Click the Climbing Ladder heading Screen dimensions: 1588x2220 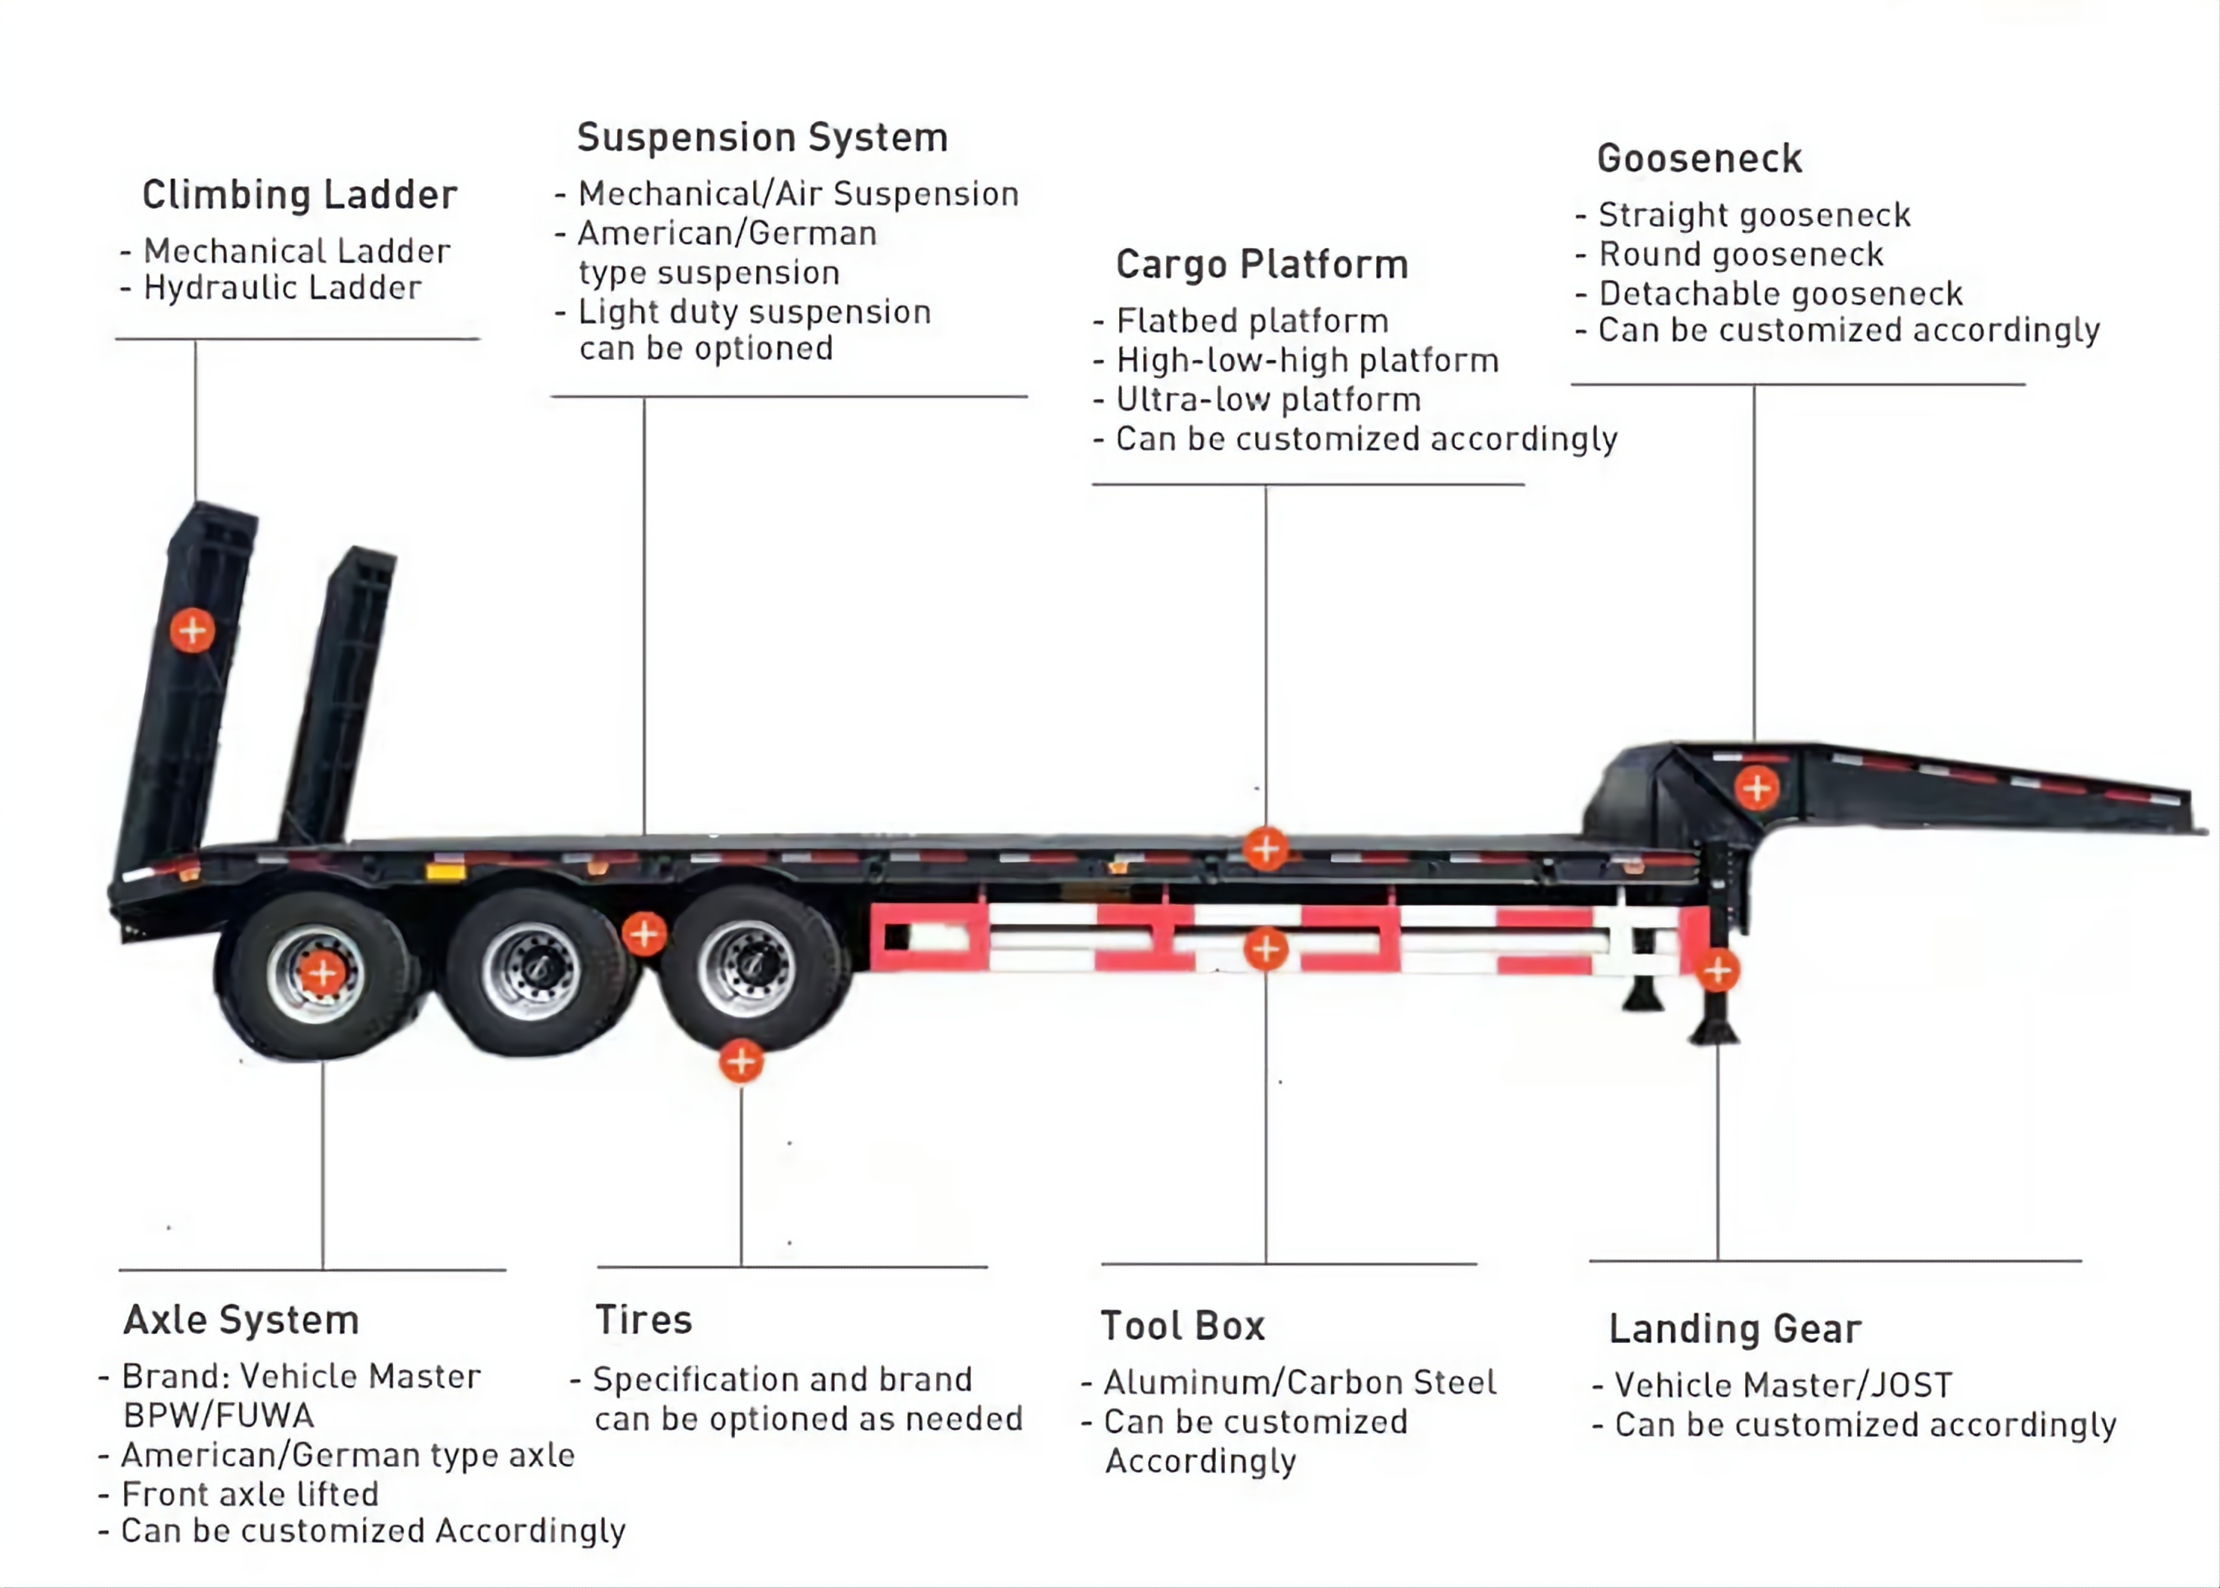[299, 194]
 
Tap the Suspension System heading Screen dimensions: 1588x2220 [762, 138]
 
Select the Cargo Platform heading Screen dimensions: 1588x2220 [1262, 264]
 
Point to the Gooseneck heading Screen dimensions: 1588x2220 [1699, 158]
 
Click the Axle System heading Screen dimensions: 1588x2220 [241, 1320]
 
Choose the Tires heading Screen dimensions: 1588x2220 [643, 1320]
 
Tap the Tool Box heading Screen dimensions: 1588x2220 [1183, 1326]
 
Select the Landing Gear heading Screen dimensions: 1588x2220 [1735, 1329]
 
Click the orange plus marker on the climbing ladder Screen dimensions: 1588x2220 [193, 631]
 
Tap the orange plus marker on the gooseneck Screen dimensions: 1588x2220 [1756, 787]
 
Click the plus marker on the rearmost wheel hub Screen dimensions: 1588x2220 [321, 973]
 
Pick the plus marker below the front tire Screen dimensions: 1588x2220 [741, 1061]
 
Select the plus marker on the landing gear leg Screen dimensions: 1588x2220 [1717, 971]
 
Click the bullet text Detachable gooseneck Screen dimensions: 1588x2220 [1780, 293]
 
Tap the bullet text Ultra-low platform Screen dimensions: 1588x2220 [1268, 400]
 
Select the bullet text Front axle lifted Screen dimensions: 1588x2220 [250, 1494]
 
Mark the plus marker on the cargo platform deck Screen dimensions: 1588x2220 [1266, 848]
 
